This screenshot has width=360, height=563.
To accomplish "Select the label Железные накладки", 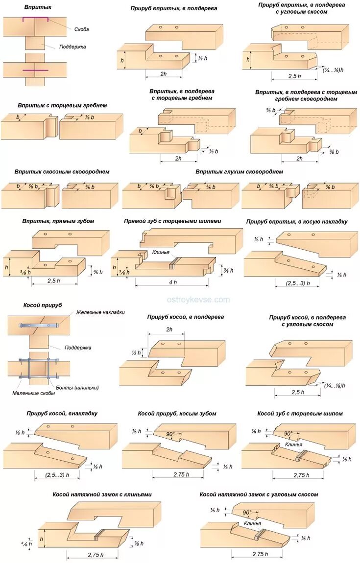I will click(x=100, y=312).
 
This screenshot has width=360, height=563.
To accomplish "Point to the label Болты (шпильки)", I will click(x=77, y=388).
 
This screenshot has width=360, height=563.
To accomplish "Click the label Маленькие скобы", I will click(x=33, y=393).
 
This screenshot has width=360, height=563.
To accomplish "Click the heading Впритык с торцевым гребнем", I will click(x=62, y=105).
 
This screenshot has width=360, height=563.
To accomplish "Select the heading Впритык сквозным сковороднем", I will click(x=62, y=172).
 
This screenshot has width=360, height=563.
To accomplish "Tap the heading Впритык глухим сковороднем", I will click(x=239, y=172).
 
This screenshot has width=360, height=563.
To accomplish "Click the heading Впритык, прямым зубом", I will click(x=58, y=221).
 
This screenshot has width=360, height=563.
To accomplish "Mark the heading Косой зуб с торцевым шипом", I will click(x=300, y=414).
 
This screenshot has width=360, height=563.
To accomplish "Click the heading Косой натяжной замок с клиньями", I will click(x=102, y=494).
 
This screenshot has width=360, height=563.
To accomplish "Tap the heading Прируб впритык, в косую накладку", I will click(x=297, y=222).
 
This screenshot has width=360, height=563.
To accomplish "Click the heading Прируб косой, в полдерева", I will click(x=186, y=317).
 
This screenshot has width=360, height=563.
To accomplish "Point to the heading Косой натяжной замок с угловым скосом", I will click(x=259, y=494).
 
